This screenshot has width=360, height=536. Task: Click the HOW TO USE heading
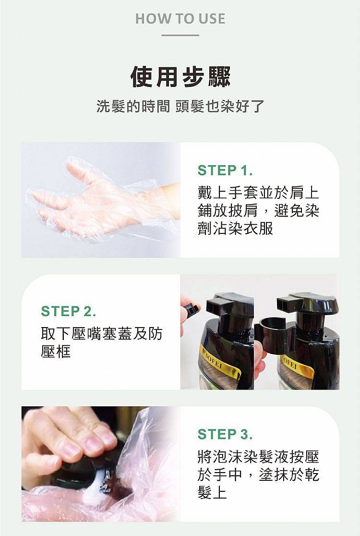point(180,19)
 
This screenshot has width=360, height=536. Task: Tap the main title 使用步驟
point(180,77)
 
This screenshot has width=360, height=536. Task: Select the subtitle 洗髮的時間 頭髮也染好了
point(180,106)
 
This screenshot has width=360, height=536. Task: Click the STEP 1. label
point(225,171)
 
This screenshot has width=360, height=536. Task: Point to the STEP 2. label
point(69,311)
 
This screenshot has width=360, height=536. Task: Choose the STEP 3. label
point(225,435)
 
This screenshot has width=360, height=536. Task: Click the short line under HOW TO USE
point(180,35)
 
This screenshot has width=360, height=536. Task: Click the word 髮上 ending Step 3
point(212,493)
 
